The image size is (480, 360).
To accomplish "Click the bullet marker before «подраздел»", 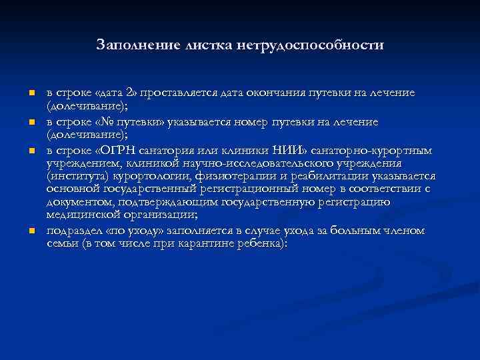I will tap(31, 232).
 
